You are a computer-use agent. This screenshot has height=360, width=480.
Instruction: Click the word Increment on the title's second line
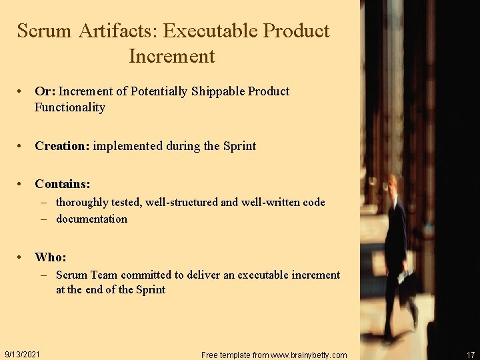point(172,56)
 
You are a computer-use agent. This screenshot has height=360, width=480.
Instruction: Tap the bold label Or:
point(45,91)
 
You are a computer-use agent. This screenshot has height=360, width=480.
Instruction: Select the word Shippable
point(218,91)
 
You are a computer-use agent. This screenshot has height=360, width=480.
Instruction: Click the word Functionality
point(70,107)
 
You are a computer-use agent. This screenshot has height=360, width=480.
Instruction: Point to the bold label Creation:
point(63,146)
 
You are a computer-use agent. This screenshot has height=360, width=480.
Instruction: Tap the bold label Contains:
point(63,183)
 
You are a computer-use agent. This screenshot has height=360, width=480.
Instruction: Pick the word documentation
point(91,219)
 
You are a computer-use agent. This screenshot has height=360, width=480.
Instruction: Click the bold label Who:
point(51,257)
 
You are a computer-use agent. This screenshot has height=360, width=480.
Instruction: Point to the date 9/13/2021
point(22,354)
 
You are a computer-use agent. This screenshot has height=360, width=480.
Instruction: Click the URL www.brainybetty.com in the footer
point(306,355)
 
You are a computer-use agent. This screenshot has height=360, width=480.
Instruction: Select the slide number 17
point(471,355)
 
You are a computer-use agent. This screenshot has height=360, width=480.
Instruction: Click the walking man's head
point(393,183)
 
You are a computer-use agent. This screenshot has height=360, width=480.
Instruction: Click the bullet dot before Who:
point(22,257)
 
